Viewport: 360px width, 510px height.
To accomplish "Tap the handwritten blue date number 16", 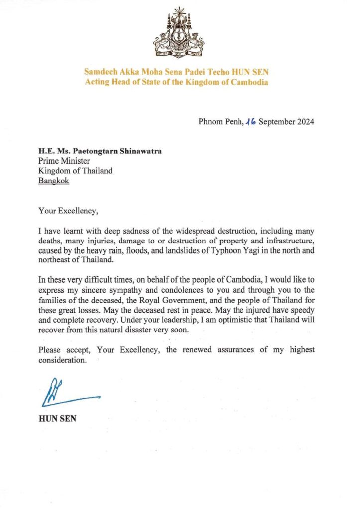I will (249, 122).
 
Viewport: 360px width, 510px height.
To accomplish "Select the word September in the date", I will (276, 122).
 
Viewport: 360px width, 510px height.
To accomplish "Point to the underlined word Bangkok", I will (54, 181).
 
